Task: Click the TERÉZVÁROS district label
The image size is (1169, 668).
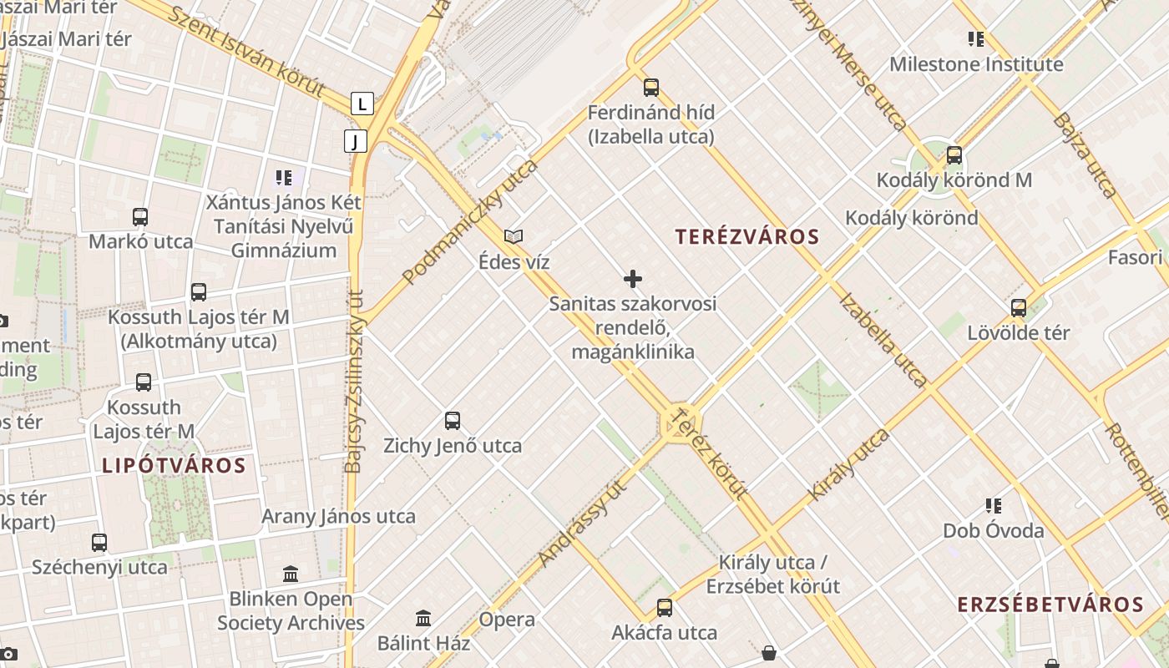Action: pyautogui.click(x=747, y=237)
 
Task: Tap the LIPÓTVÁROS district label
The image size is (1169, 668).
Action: pyautogui.click(x=174, y=466)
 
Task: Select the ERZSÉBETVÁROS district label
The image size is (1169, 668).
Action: pyautogui.click(x=1050, y=605)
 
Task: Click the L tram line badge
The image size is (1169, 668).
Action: pyautogui.click(x=362, y=104)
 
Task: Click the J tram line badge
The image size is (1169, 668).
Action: pyautogui.click(x=355, y=141)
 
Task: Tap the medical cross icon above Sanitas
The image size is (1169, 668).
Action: pyautogui.click(x=633, y=279)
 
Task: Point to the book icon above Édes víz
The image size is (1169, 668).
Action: pyautogui.click(x=514, y=237)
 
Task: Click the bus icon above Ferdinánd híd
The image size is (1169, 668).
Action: pyautogui.click(x=650, y=87)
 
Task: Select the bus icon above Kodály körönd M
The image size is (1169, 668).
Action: pyautogui.click(x=954, y=154)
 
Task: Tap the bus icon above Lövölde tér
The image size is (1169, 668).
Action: pyautogui.click(x=1018, y=307)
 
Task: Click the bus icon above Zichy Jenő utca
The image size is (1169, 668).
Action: pyautogui.click(x=453, y=421)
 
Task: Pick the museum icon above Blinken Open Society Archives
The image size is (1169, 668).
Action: pyautogui.click(x=291, y=574)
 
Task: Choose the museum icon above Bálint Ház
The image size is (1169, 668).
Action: pyautogui.click(x=423, y=619)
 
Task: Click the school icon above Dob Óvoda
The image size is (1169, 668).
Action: pyautogui.click(x=993, y=505)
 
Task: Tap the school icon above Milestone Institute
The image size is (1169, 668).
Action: pyautogui.click(x=975, y=38)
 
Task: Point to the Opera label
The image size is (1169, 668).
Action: pyautogui.click(x=507, y=620)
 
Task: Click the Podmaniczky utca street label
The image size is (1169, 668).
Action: pyautogui.click(x=470, y=221)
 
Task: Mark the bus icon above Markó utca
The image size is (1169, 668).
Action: pyautogui.click(x=140, y=217)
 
